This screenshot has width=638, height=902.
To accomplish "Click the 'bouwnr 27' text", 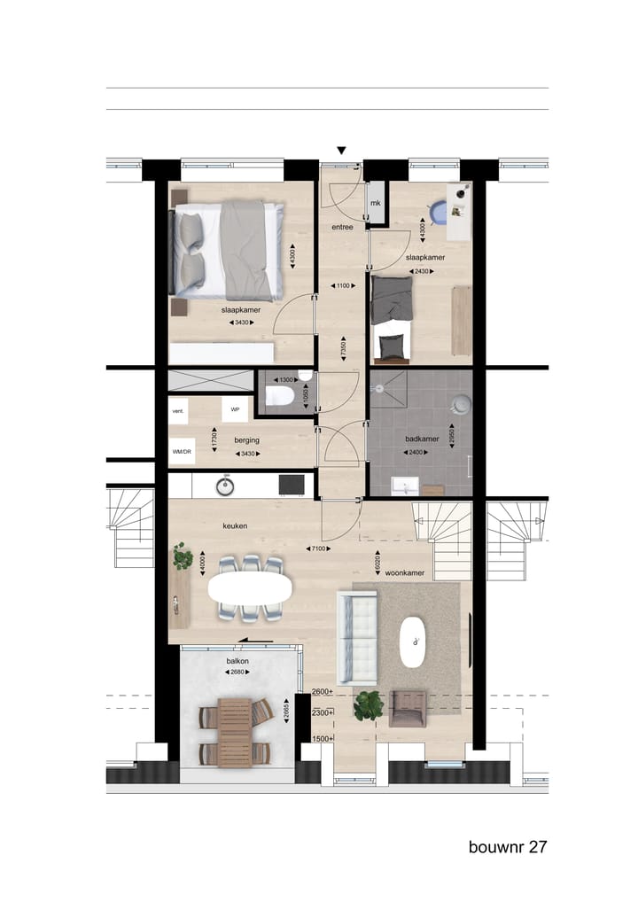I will click(x=508, y=847).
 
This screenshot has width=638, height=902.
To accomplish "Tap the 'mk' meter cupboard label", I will click(x=376, y=204).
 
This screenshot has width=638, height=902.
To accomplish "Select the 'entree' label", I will click(x=342, y=227).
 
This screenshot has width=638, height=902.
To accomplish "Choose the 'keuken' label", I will click(x=235, y=525).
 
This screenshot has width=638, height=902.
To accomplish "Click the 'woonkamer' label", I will click(x=404, y=573).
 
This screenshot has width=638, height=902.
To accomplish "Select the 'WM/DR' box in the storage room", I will click(x=181, y=452).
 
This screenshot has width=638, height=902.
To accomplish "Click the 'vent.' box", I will click(x=178, y=411).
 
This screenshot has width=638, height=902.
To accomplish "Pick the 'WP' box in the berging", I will click(x=235, y=409).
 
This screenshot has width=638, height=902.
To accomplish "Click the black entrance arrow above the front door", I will click(x=341, y=151).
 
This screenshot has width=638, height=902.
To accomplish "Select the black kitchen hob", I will click(x=291, y=485).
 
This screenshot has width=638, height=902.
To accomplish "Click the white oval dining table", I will click(x=250, y=587).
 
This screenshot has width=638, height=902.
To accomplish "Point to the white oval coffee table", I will click(x=413, y=641).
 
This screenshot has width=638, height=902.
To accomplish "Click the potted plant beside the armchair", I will click(x=369, y=705).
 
